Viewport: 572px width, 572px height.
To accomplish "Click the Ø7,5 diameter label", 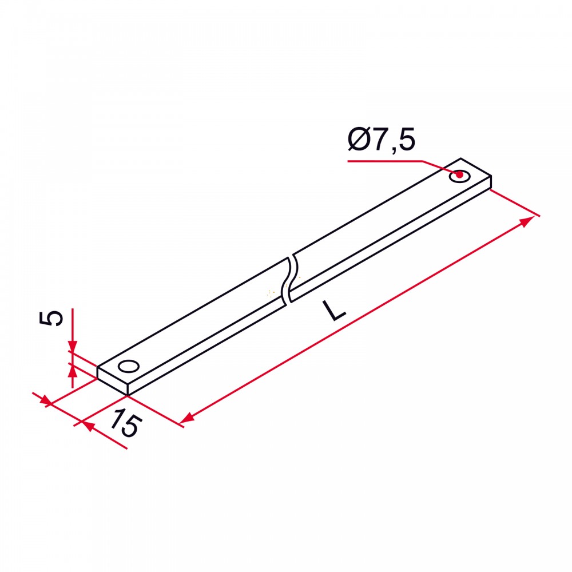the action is tap(382, 140).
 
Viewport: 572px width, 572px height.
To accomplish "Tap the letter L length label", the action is tap(335, 311).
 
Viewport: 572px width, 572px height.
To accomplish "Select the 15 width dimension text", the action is tap(126, 423).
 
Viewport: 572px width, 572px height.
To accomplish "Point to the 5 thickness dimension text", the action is tap(51, 317).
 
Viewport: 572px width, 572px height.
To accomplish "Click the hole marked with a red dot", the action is tap(460, 176).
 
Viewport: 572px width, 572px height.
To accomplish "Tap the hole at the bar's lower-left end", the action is tap(129, 366).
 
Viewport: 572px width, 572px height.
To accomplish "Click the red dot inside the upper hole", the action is tap(460, 175).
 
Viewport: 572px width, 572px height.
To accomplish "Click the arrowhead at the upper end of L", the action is tap(527, 221).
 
